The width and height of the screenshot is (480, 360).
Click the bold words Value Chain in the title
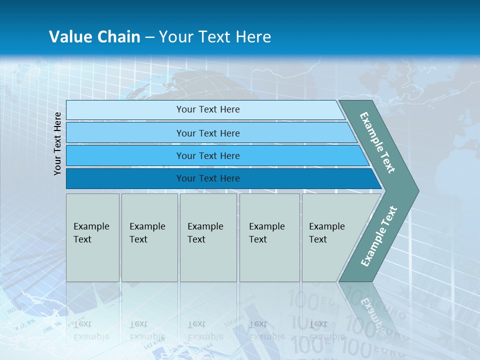point(94,37)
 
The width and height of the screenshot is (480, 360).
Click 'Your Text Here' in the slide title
point(215,37)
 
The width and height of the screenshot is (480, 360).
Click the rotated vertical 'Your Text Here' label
point(58,144)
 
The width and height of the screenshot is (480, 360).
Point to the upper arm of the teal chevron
point(377,142)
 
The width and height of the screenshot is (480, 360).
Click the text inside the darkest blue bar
point(208,178)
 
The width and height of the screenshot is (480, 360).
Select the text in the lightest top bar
point(208,109)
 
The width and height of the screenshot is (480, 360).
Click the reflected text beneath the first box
point(91,330)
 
